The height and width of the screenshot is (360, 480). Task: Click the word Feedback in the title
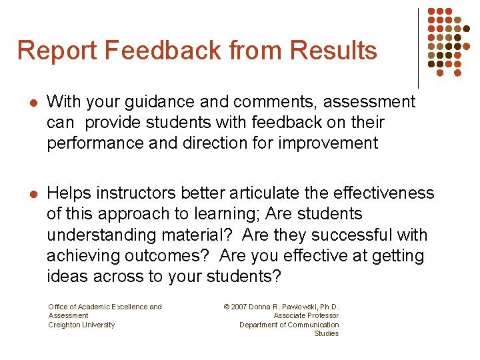(167, 51)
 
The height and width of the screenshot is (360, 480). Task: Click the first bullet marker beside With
(33, 103)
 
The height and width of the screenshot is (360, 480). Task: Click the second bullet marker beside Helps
(33, 194)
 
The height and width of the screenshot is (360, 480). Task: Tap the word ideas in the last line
(67, 276)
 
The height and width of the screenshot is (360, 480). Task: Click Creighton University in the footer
(81, 325)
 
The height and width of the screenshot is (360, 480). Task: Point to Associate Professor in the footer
(306, 315)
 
